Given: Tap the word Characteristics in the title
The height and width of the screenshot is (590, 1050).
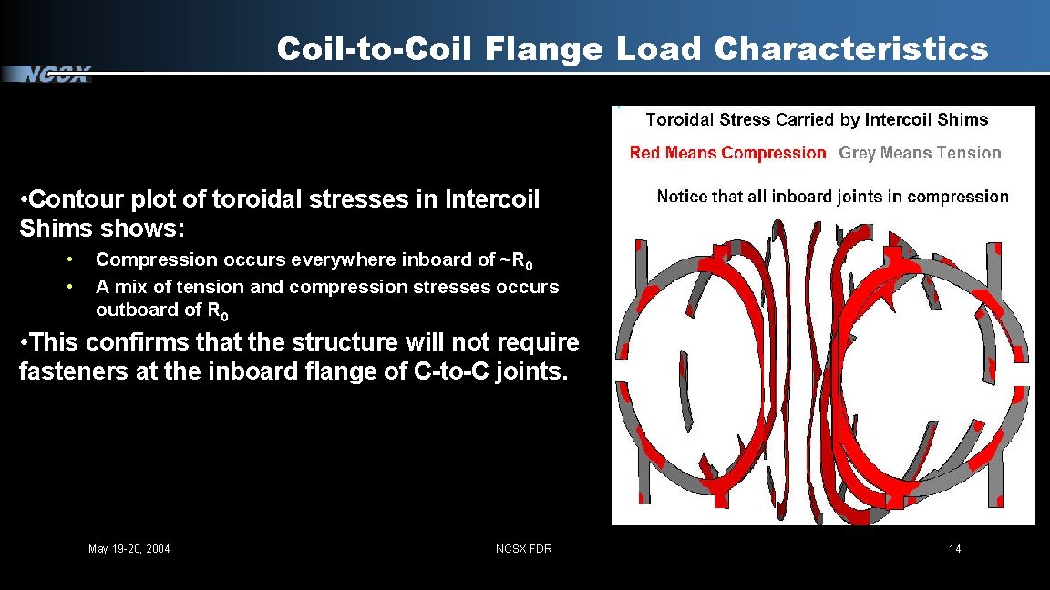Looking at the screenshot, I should point(851,49).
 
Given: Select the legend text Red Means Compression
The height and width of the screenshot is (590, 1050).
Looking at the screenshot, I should point(727,153).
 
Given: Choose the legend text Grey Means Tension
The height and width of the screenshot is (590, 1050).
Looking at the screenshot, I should point(920,153).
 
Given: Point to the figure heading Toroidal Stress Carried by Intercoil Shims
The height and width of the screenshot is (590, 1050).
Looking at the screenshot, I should point(817,119).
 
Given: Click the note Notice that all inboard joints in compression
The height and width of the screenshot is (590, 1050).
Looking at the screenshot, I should point(832,197).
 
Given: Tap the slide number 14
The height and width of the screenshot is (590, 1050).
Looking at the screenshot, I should point(954,548).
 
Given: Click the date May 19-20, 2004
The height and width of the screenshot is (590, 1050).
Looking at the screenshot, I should point(129,548).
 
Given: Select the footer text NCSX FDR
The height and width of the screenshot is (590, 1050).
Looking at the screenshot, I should point(523,548).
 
